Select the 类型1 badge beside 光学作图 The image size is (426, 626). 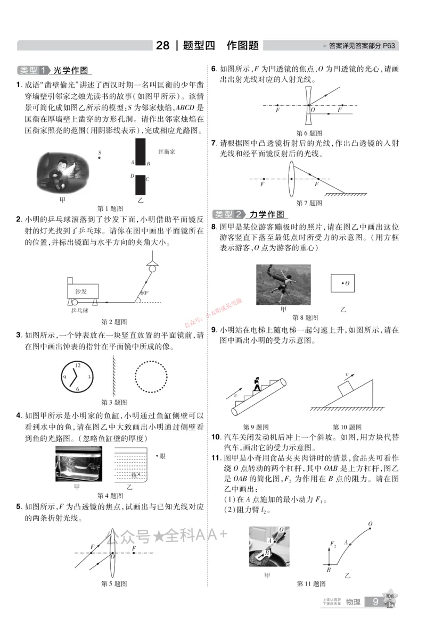pos(34,70)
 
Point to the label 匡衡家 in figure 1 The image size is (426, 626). pos(167,152)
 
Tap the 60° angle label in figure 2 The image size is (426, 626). pos(144,293)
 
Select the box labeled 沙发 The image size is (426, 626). pos(81,291)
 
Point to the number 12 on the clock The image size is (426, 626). pos(78,365)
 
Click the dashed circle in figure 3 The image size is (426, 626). pos(153,377)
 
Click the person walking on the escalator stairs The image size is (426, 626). pos(257,383)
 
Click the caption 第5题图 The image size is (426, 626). pos(114,583)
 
